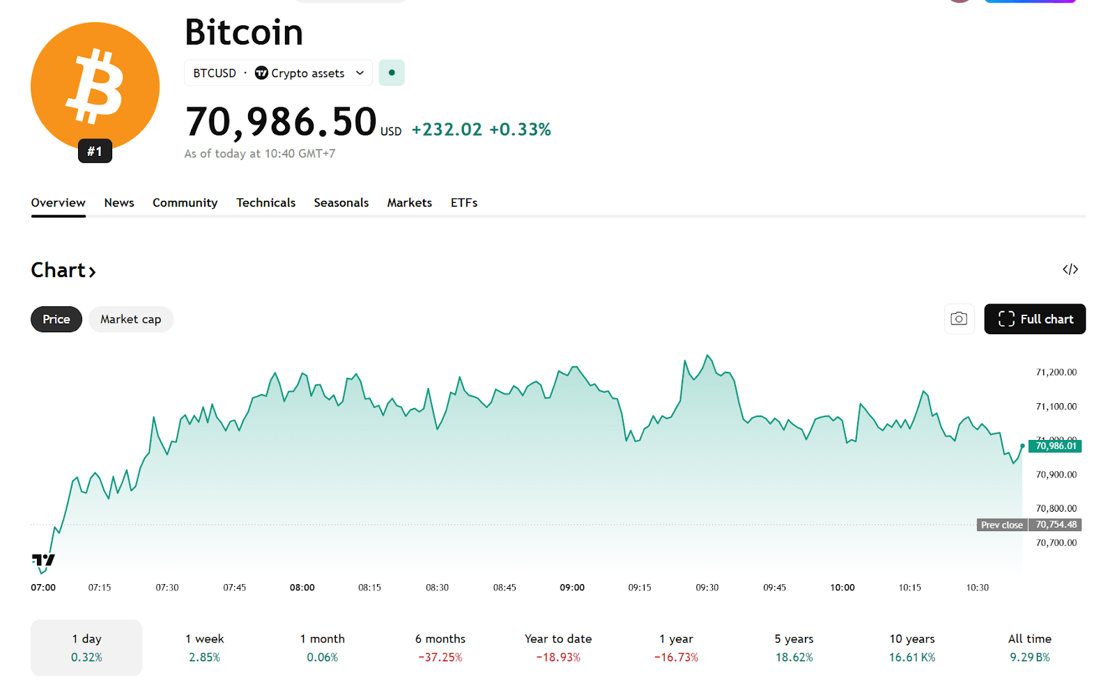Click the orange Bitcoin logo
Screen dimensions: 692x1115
pos(95,86)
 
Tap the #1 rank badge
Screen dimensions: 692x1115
pos(95,151)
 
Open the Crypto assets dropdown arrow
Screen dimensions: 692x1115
pos(360,73)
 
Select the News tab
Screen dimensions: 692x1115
pos(119,203)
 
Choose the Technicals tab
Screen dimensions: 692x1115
pos(266,203)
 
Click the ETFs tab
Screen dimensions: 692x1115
pos(463,203)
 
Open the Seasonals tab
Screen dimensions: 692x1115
pos(341,203)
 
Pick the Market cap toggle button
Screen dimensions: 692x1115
pos(130,320)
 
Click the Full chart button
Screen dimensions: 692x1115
pos(1034,319)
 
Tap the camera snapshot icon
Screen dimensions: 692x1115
pos(959,319)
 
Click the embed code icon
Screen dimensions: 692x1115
pos(1070,269)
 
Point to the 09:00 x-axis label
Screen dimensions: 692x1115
pos(572,588)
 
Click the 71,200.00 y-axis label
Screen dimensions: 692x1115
pos(1056,372)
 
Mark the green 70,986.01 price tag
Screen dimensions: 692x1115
pos(1055,446)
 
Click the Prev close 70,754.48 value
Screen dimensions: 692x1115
pos(1055,525)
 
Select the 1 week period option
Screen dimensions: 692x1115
pos(204,647)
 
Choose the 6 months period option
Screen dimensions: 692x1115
pos(440,647)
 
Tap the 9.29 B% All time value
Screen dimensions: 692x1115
pos(1029,657)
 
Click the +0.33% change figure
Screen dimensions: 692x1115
pos(520,129)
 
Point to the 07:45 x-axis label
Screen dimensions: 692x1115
pos(234,588)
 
